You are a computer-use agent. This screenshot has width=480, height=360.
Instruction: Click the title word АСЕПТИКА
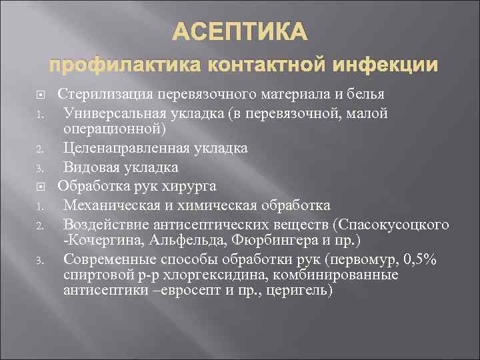[x=241, y=32]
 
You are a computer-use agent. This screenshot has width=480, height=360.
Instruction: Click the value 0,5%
[x=419, y=260]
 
